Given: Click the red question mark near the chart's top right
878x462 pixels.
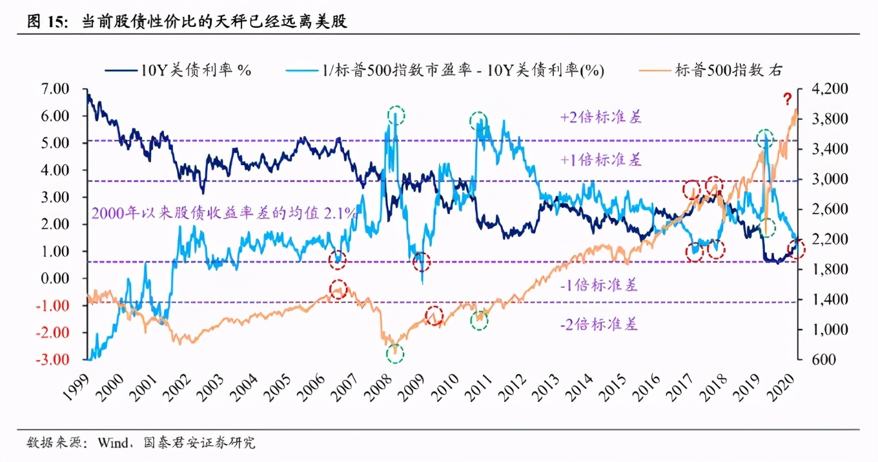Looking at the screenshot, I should [787, 99].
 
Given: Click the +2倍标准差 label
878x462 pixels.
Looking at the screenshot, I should [600, 117].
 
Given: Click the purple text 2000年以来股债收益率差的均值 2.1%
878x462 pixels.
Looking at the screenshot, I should [223, 214].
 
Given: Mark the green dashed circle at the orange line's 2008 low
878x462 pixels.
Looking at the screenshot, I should [395, 353].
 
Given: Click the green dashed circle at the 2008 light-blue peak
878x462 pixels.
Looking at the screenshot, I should [396, 115].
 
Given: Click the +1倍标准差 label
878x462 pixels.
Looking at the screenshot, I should [600, 160].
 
